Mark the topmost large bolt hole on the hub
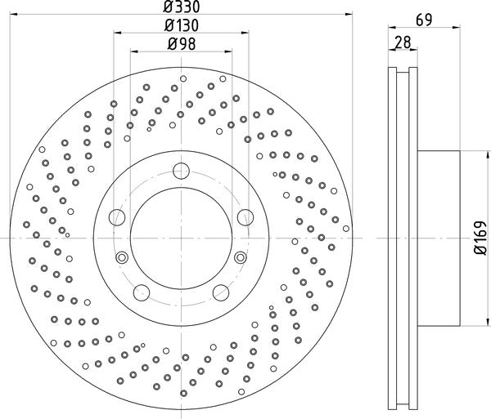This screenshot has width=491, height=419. (181, 172)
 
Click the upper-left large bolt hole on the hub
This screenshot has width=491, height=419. (117, 217)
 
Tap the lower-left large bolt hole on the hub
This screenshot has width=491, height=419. (141, 292)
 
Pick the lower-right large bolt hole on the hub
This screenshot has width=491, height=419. (219, 292)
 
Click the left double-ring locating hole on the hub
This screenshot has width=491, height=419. (122, 257)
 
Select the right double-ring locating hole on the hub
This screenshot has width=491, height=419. (239, 257)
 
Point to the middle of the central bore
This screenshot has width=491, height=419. (181, 236)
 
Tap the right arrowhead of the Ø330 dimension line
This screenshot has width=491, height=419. (348, 15)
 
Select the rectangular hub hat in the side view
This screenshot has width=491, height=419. (439, 236)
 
